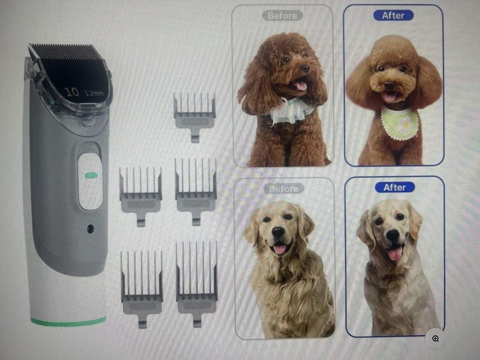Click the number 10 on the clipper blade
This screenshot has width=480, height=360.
click(72, 92)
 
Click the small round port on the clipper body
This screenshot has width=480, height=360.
click(90, 229)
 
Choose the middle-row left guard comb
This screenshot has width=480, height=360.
click(141, 194)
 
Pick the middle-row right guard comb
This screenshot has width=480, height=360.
click(196, 190)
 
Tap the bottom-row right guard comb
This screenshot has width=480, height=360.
click(197, 281)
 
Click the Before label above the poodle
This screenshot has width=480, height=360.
click(282, 16)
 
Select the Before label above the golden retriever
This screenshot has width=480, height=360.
click(283, 189)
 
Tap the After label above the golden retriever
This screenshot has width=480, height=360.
click(395, 187)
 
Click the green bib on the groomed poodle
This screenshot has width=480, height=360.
click(400, 124)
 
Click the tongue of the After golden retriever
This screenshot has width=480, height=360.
click(395, 253)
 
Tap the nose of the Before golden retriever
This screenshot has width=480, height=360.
click(279, 232)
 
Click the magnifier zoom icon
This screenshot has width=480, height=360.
click(435, 339)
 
